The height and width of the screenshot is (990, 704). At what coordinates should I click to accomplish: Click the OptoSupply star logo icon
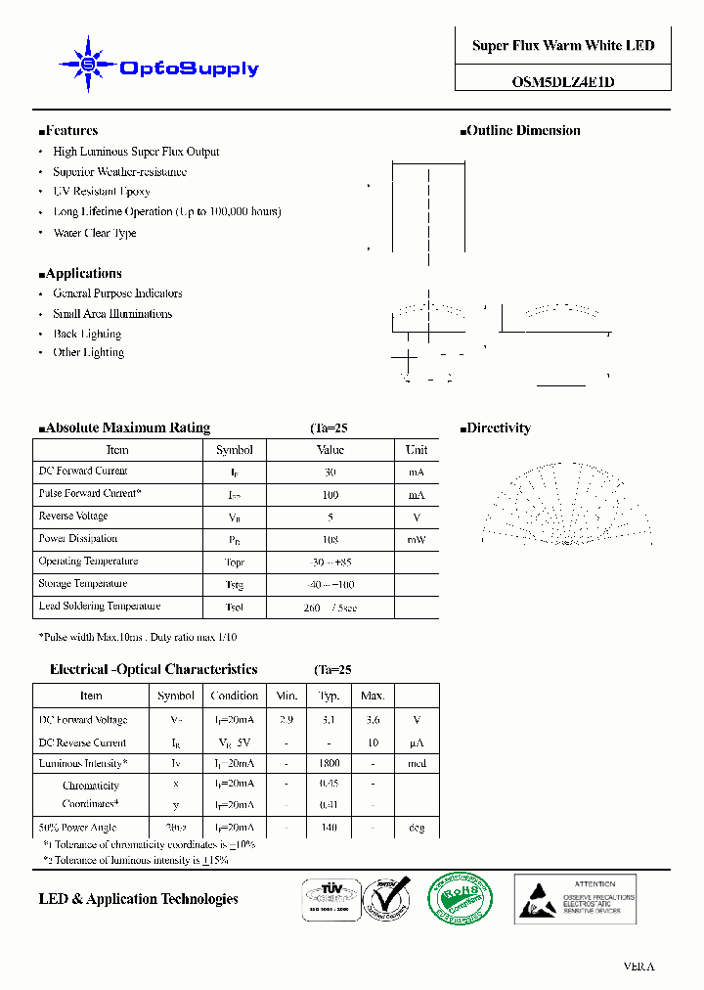click(x=88, y=65)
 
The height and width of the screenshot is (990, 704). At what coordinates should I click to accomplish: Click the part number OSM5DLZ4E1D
click(x=563, y=82)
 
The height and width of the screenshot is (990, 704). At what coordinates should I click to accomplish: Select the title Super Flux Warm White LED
click(x=563, y=46)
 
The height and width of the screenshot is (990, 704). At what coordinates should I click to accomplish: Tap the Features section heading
click(x=68, y=130)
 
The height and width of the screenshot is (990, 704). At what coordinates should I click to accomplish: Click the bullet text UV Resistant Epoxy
click(x=102, y=192)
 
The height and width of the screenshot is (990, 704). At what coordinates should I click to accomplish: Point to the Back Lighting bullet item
click(x=87, y=334)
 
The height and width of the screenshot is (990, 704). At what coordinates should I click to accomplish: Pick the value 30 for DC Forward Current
click(x=330, y=472)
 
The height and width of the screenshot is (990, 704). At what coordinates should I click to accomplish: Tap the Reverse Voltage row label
click(x=73, y=516)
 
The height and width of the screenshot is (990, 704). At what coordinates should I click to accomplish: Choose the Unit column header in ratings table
click(x=417, y=450)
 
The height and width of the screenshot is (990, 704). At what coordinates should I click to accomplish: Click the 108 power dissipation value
click(x=330, y=539)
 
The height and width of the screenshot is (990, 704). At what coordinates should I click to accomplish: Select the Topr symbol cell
click(x=234, y=562)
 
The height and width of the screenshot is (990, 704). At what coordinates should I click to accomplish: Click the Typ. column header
click(x=330, y=696)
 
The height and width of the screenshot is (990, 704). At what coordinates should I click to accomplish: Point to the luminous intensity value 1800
click(x=330, y=763)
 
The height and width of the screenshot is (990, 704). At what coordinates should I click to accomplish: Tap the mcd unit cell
click(x=417, y=763)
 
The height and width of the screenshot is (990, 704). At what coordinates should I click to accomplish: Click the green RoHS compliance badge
click(x=462, y=898)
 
